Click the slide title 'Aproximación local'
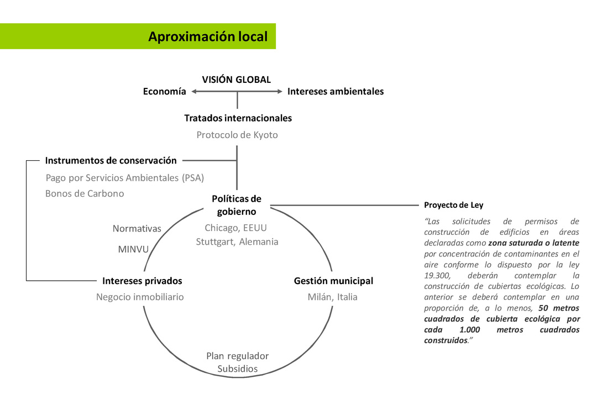208,36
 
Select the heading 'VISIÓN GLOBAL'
237,80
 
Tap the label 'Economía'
165,92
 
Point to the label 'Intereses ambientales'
336,92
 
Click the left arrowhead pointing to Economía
194,92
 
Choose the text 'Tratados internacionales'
238,118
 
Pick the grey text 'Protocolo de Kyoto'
237,135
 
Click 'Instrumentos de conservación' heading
111,161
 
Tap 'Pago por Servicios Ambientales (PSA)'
125,178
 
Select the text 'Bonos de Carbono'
85,194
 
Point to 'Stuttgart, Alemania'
237,242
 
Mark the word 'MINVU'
133,249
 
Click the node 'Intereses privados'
142,281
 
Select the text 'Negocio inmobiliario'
140,297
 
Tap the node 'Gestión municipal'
333,281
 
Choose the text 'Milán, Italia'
333,297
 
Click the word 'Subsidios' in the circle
238,369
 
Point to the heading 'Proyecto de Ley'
454,205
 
